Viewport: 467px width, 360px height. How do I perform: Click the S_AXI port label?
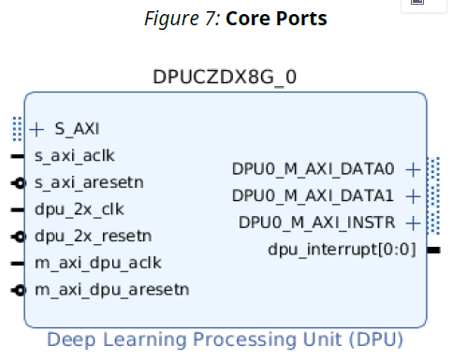coord(77,129)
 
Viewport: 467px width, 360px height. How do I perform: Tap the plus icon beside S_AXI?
coord(37,129)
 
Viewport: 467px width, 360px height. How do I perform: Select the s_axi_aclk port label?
coord(74,156)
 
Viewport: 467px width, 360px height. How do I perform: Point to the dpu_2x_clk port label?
coord(80,209)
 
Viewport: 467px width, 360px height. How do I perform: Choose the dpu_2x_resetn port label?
coord(93,236)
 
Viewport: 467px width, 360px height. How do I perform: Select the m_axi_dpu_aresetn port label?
coord(111,289)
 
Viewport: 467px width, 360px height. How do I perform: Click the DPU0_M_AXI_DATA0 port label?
coord(314,169)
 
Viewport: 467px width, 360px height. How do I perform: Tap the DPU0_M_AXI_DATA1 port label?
coord(314,195)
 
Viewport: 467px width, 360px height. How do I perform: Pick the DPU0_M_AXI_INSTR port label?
coord(316,223)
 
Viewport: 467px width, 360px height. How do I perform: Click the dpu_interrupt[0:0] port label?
coord(342,249)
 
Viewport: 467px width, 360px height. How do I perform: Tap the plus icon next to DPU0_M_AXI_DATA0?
coord(413,169)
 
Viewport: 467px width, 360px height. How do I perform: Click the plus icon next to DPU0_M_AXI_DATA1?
coord(413,195)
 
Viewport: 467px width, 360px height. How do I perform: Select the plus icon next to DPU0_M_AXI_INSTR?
coord(413,223)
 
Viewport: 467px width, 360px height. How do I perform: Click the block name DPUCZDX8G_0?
coord(225,77)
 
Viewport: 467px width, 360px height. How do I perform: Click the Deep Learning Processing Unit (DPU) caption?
coord(225,338)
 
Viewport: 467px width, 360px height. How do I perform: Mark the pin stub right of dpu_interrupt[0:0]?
coord(434,250)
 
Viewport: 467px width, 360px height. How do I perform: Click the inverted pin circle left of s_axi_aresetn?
coord(18,183)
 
